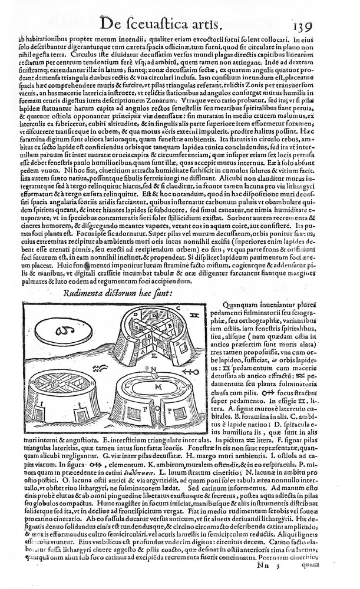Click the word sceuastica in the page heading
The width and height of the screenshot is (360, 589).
[167, 24]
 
